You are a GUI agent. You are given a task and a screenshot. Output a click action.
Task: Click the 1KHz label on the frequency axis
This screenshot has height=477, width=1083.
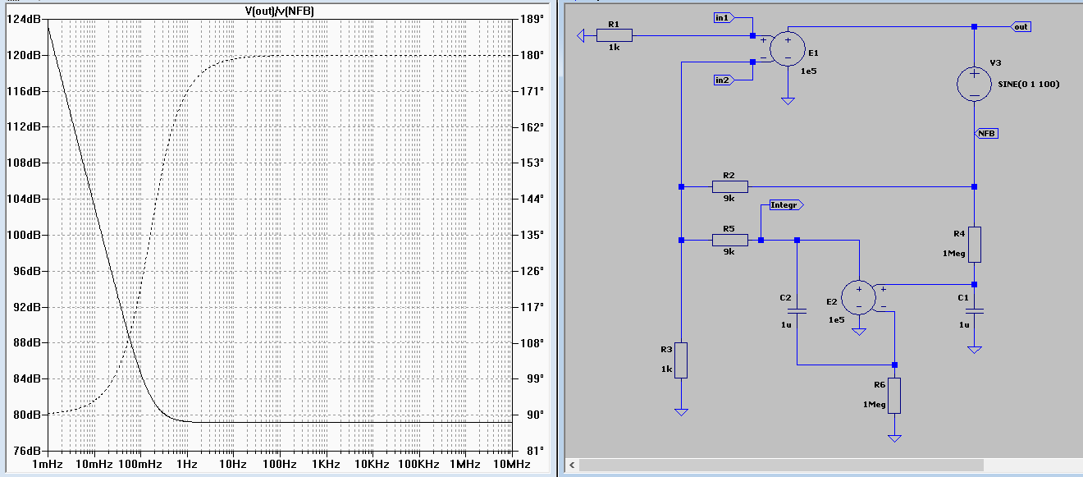326,464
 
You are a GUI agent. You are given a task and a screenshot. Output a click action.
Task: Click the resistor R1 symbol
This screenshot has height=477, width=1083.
615,35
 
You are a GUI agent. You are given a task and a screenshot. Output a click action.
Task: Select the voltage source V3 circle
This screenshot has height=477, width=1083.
974,84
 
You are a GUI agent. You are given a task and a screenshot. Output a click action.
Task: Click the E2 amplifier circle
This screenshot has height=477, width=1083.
859,298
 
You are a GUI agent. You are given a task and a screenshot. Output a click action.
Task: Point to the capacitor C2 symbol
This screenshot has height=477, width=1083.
797,311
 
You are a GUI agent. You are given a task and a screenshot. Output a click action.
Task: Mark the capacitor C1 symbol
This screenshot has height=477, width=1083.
974,311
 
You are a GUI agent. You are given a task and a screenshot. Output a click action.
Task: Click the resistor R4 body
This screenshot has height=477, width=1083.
974,245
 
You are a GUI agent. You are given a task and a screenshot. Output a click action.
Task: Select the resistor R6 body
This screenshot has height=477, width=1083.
894,396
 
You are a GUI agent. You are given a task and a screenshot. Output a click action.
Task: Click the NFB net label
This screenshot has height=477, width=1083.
986,133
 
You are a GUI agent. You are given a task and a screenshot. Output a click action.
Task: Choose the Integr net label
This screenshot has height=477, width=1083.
784,205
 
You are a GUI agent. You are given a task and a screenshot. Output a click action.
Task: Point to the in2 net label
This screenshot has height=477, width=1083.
723,80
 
